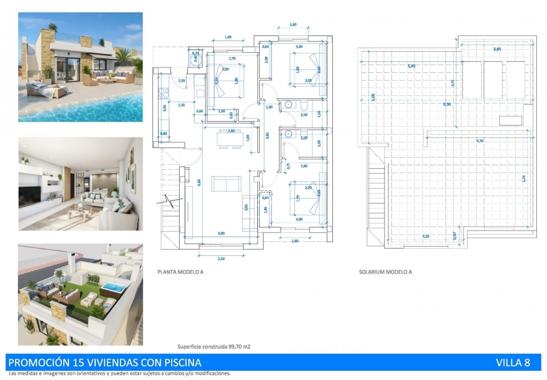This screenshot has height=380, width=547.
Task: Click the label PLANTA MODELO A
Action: (x=180, y=272)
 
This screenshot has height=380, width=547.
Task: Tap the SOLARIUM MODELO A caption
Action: (x=385, y=272)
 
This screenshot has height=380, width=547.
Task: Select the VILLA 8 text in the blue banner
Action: (x=513, y=362)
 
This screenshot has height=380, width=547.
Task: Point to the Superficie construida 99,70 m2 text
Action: (x=214, y=347)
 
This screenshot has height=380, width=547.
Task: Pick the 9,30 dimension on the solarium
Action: (x=447, y=104)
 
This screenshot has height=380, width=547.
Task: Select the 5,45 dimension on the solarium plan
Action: (x=414, y=66)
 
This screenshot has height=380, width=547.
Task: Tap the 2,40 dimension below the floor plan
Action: (x=221, y=259)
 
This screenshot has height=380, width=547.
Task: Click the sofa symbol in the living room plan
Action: (x=226, y=183)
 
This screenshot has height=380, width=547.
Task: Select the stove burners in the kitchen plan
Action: (x=164, y=94)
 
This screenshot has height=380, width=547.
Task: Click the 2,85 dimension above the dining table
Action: (x=231, y=131)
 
